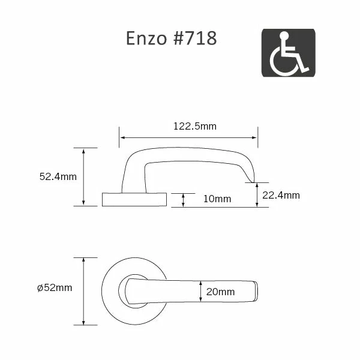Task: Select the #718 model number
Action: tap(193, 38)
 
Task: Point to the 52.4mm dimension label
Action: tap(58, 176)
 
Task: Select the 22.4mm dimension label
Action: tap(281, 195)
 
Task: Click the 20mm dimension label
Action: tap(220, 292)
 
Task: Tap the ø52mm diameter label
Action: tap(55, 288)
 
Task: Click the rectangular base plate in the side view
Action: tap(134, 199)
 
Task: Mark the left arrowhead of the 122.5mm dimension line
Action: tap(121, 137)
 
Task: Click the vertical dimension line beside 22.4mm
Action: tap(257, 195)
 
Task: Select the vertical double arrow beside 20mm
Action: tap(200, 292)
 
